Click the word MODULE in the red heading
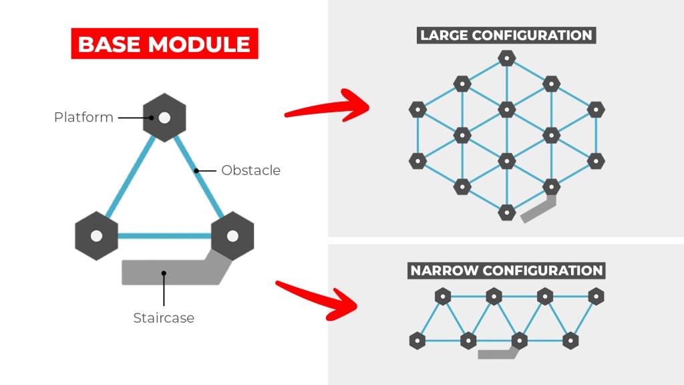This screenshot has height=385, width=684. (x=200, y=44)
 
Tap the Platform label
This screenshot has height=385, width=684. (x=83, y=118)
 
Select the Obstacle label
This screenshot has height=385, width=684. (x=250, y=170)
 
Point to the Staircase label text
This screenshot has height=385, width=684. (x=164, y=318)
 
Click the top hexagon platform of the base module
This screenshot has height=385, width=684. (x=164, y=118)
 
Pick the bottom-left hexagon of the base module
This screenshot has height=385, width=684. (x=96, y=236)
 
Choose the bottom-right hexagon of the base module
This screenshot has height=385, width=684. (x=232, y=236)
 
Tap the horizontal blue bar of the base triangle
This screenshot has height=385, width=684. (x=164, y=236)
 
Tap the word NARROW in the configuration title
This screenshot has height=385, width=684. (x=442, y=271)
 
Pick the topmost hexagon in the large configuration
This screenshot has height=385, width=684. (x=507, y=58)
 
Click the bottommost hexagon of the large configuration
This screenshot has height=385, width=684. (x=507, y=213)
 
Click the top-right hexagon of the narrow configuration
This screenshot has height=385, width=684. (x=596, y=296)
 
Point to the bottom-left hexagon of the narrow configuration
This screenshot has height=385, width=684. (x=417, y=341)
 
